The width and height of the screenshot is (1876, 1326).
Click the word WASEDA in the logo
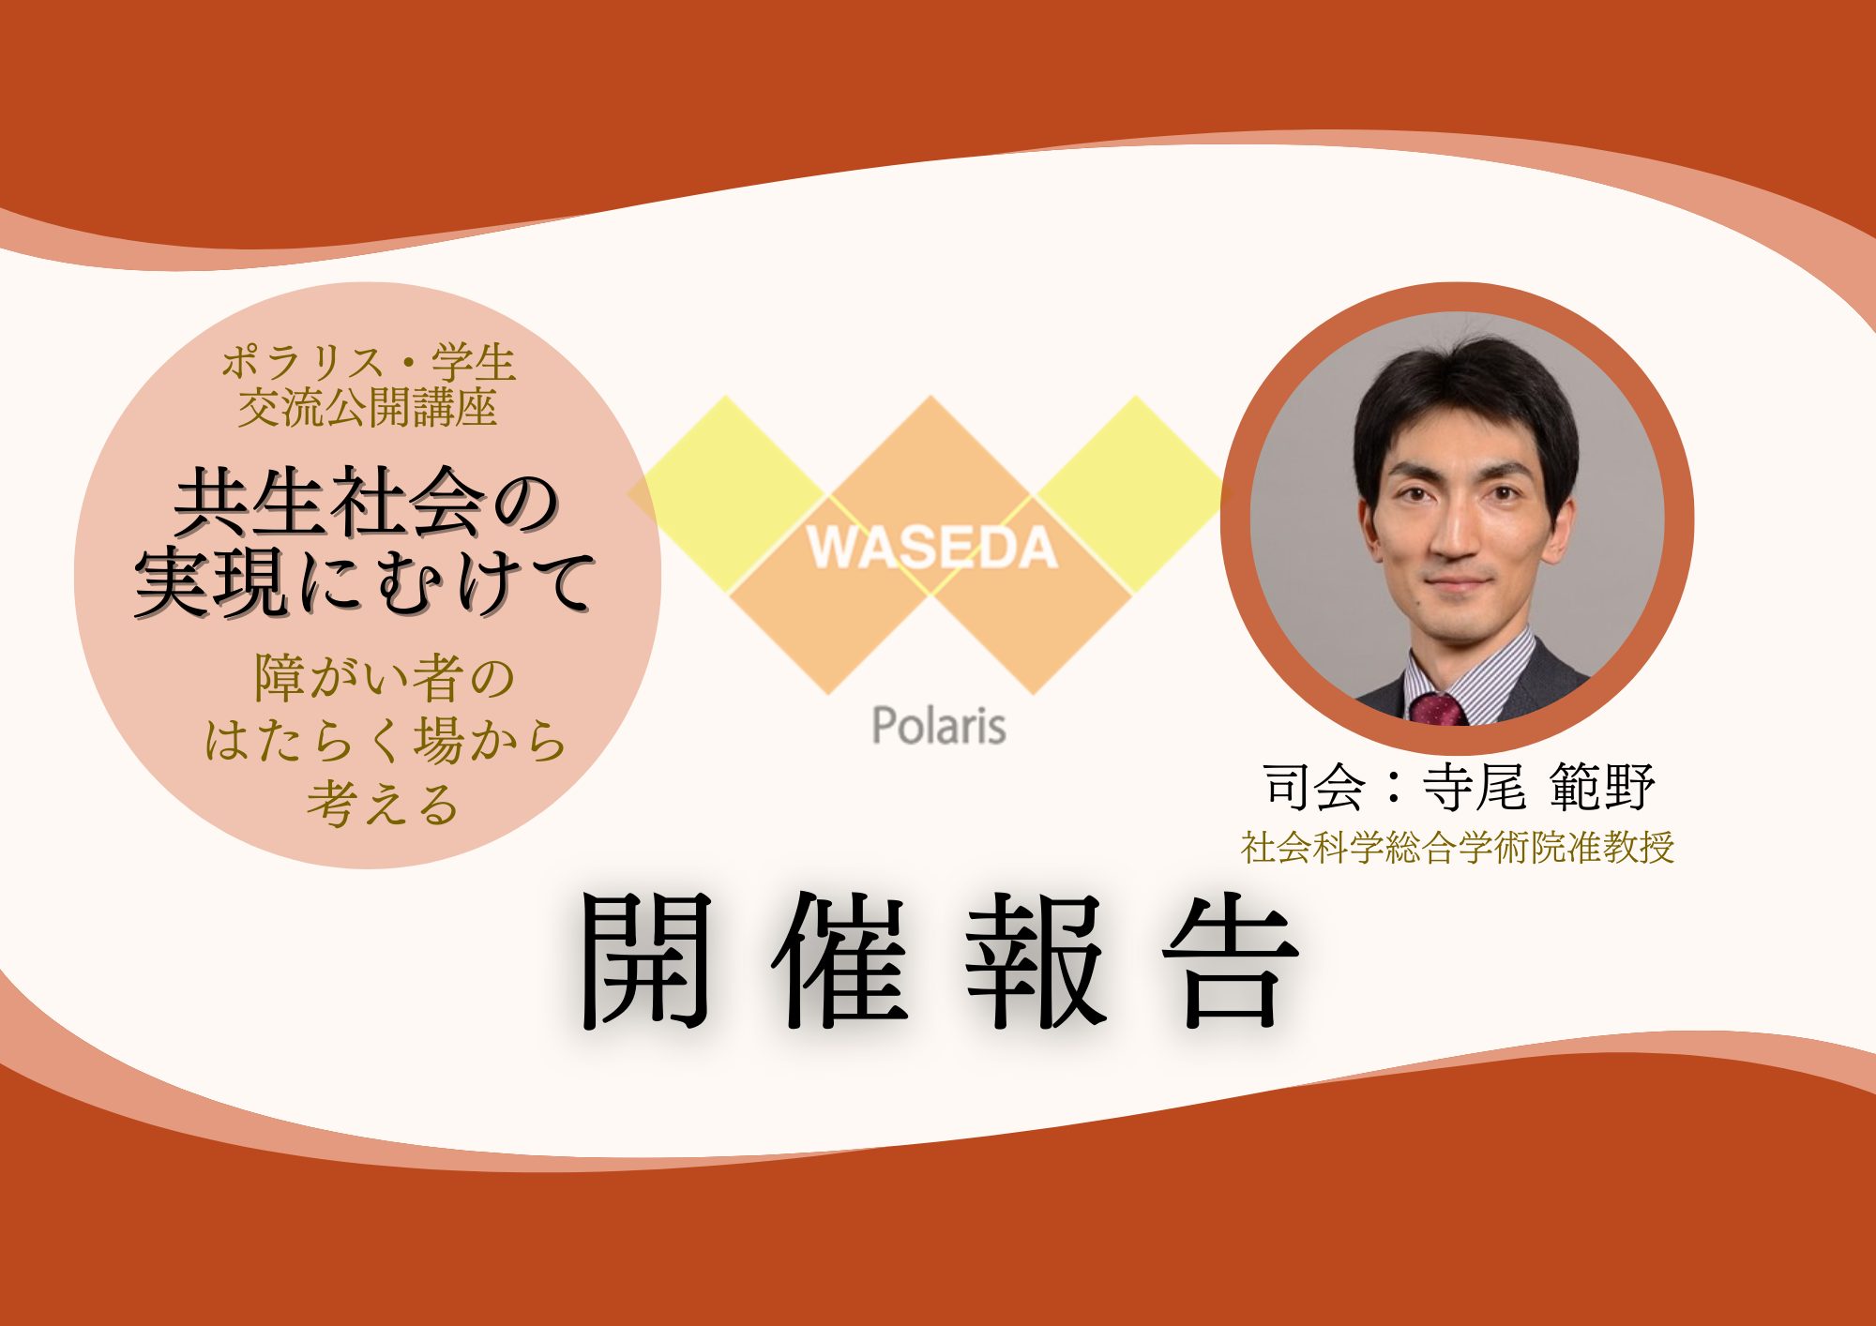click(931, 548)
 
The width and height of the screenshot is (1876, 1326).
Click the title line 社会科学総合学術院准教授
click(1458, 848)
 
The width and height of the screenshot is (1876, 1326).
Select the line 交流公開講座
click(367, 409)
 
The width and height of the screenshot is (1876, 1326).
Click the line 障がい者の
click(385, 678)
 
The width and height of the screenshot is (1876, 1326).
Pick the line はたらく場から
click(386, 741)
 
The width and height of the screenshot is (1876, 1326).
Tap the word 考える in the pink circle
click(383, 804)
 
